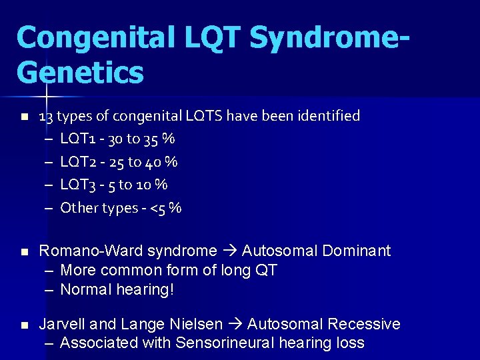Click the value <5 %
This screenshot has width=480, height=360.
pos(166,208)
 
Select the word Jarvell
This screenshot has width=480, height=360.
pos(62,325)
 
